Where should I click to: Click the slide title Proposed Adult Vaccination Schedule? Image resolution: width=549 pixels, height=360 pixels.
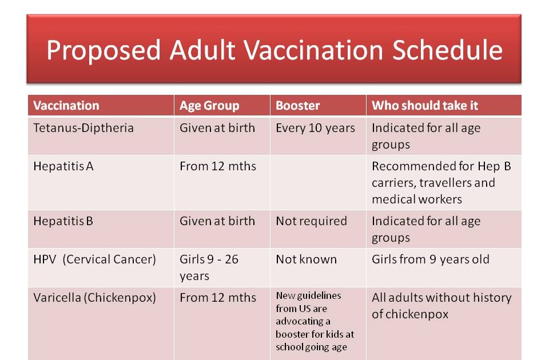pos(274,50)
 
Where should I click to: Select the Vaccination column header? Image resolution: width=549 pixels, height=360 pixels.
pos(66,106)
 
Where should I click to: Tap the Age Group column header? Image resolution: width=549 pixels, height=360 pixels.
pos(209,106)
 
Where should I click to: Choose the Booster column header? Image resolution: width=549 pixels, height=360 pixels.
pos(297,106)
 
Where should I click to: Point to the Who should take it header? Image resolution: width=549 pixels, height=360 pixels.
pos(425,106)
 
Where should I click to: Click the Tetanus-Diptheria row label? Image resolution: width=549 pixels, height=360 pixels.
pos(83,128)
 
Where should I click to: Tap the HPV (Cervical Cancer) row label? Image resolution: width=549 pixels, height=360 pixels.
pos(94,259)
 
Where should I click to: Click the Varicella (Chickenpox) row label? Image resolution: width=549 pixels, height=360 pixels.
pos(94,298)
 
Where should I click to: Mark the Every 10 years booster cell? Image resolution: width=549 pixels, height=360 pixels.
pos(315,128)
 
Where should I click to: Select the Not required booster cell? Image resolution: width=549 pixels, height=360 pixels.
pos(311,221)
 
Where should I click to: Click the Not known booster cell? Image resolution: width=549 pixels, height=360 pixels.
pos(306,259)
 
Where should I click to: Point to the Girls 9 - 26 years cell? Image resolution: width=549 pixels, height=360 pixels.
pos(209,267)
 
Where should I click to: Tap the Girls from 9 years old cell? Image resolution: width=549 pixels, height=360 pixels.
pos(430,259)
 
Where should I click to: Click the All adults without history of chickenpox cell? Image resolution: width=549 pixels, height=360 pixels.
pos(441,306)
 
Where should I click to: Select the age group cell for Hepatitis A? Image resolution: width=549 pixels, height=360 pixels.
pos(218,167)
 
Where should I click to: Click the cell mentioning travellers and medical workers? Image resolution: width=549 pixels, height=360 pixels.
pos(441,183)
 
